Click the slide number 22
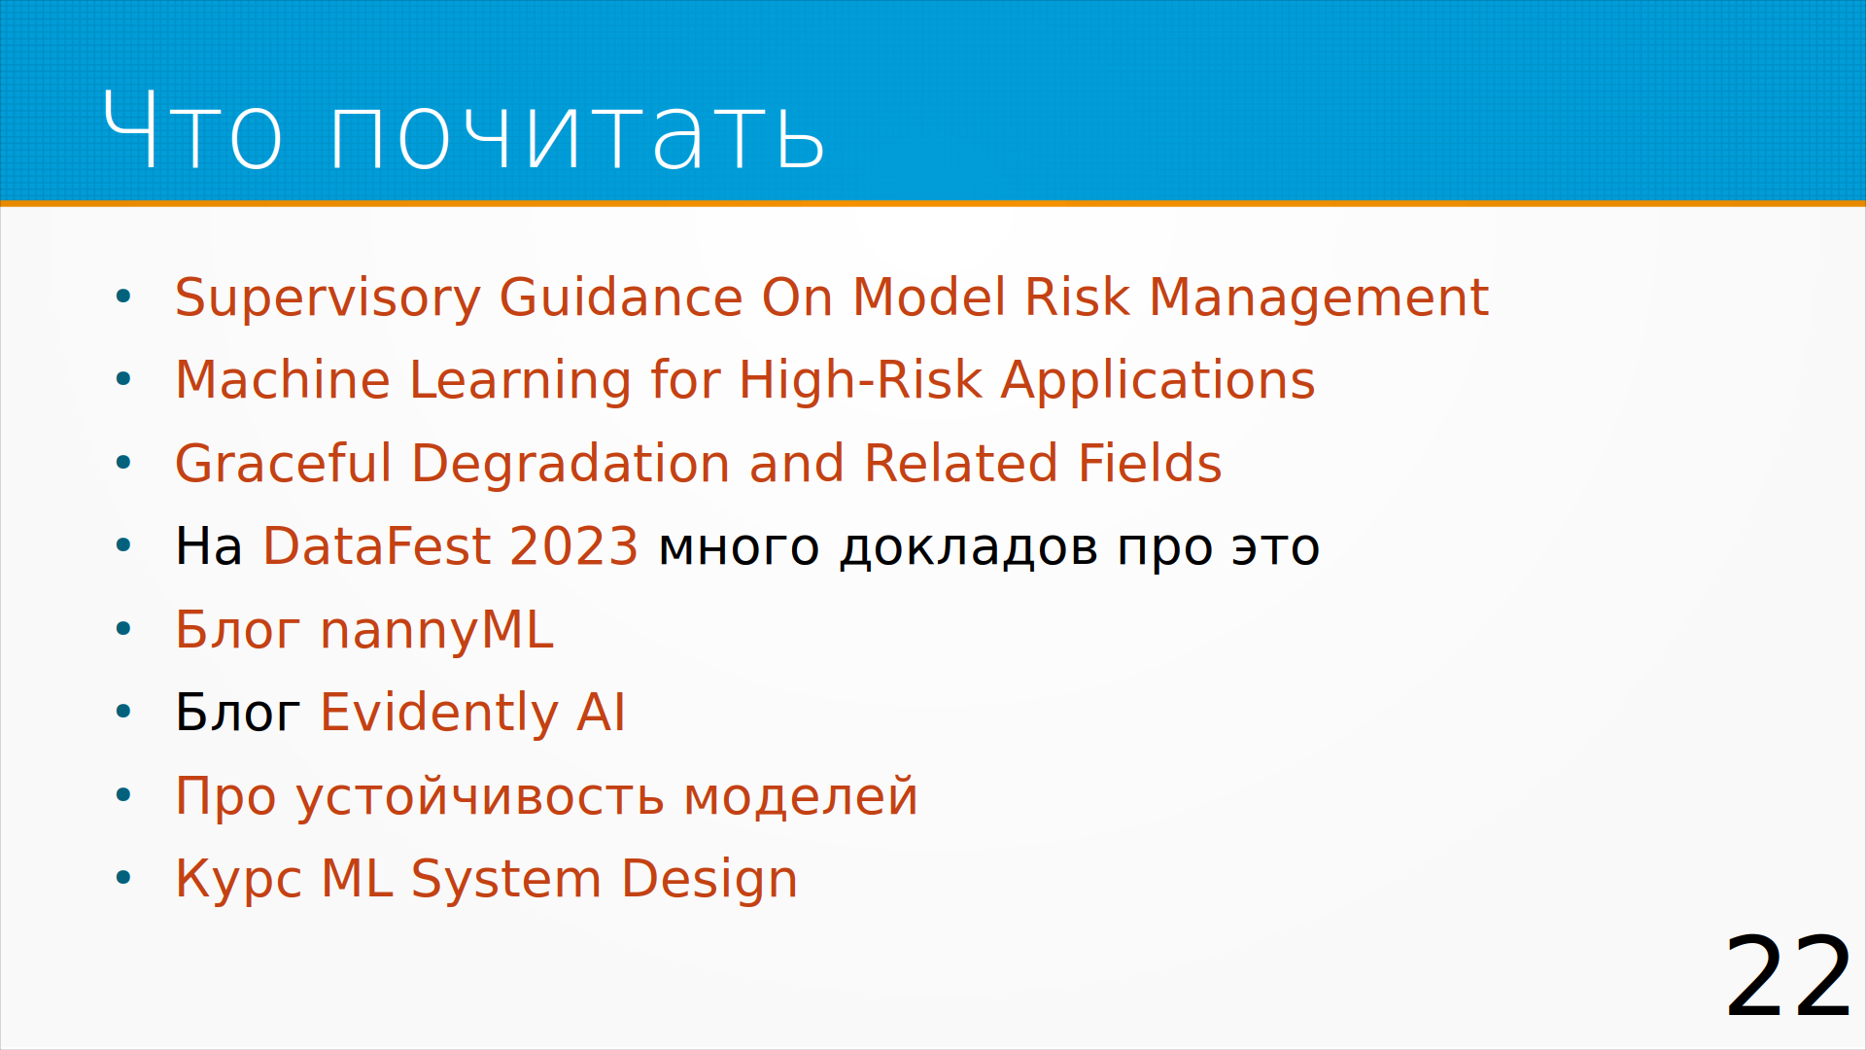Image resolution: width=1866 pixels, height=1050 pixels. pyautogui.click(x=1788, y=976)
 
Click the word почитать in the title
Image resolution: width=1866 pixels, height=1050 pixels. pyautogui.click(x=577, y=130)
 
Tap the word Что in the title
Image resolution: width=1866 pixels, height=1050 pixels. pyautogui.click(x=192, y=130)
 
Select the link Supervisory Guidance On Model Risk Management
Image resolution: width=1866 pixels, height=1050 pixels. pyautogui.click(x=831, y=297)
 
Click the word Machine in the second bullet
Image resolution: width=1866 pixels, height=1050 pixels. pyautogui.click(x=283, y=379)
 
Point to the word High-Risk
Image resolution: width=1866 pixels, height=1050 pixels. pyautogui.click(x=860, y=381)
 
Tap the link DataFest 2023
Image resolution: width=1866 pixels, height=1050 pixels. pyautogui.click(x=451, y=545)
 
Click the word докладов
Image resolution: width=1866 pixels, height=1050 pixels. pyautogui.click(x=969, y=548)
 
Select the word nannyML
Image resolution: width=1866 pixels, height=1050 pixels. pyautogui.click(x=436, y=631)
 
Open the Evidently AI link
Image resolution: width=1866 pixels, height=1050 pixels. pyautogui.click(x=472, y=714)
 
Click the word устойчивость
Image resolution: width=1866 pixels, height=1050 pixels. pyautogui.click(x=480, y=797)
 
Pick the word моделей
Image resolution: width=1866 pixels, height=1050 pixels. pyautogui.click(x=801, y=797)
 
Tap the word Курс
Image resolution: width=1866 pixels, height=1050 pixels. pyautogui.click(x=238, y=881)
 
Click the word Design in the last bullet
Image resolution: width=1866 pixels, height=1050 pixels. pyautogui.click(x=709, y=881)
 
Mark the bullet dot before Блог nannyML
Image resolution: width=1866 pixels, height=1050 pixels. pyautogui.click(x=123, y=629)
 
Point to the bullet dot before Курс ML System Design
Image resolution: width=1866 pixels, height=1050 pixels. pyautogui.click(x=123, y=878)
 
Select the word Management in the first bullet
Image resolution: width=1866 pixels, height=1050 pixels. pyautogui.click(x=1319, y=297)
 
